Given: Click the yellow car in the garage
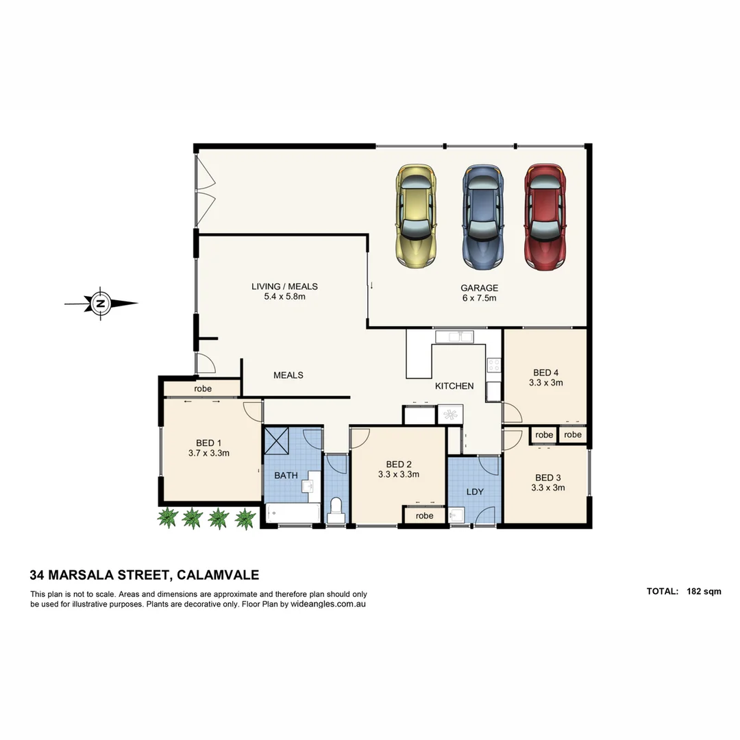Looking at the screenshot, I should pos(416,216).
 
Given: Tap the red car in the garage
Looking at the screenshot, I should pos(545,216).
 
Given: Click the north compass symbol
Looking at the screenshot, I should pos(101,303).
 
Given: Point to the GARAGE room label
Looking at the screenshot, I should pos(479,288).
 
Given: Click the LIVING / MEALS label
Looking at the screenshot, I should pos(284,286).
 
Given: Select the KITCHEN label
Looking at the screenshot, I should pos(454,386).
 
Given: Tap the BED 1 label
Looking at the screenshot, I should pos(208,442).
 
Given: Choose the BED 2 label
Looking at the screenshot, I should pos(398,463).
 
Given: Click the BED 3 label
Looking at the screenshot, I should pos(547,478).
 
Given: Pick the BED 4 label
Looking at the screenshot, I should pos(545,373).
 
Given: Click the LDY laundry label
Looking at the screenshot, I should pos(475,492).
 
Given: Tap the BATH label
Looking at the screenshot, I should pos(286,475).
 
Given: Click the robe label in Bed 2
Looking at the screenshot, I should pos(424,515).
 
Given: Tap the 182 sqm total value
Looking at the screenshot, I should pos(703,591).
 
